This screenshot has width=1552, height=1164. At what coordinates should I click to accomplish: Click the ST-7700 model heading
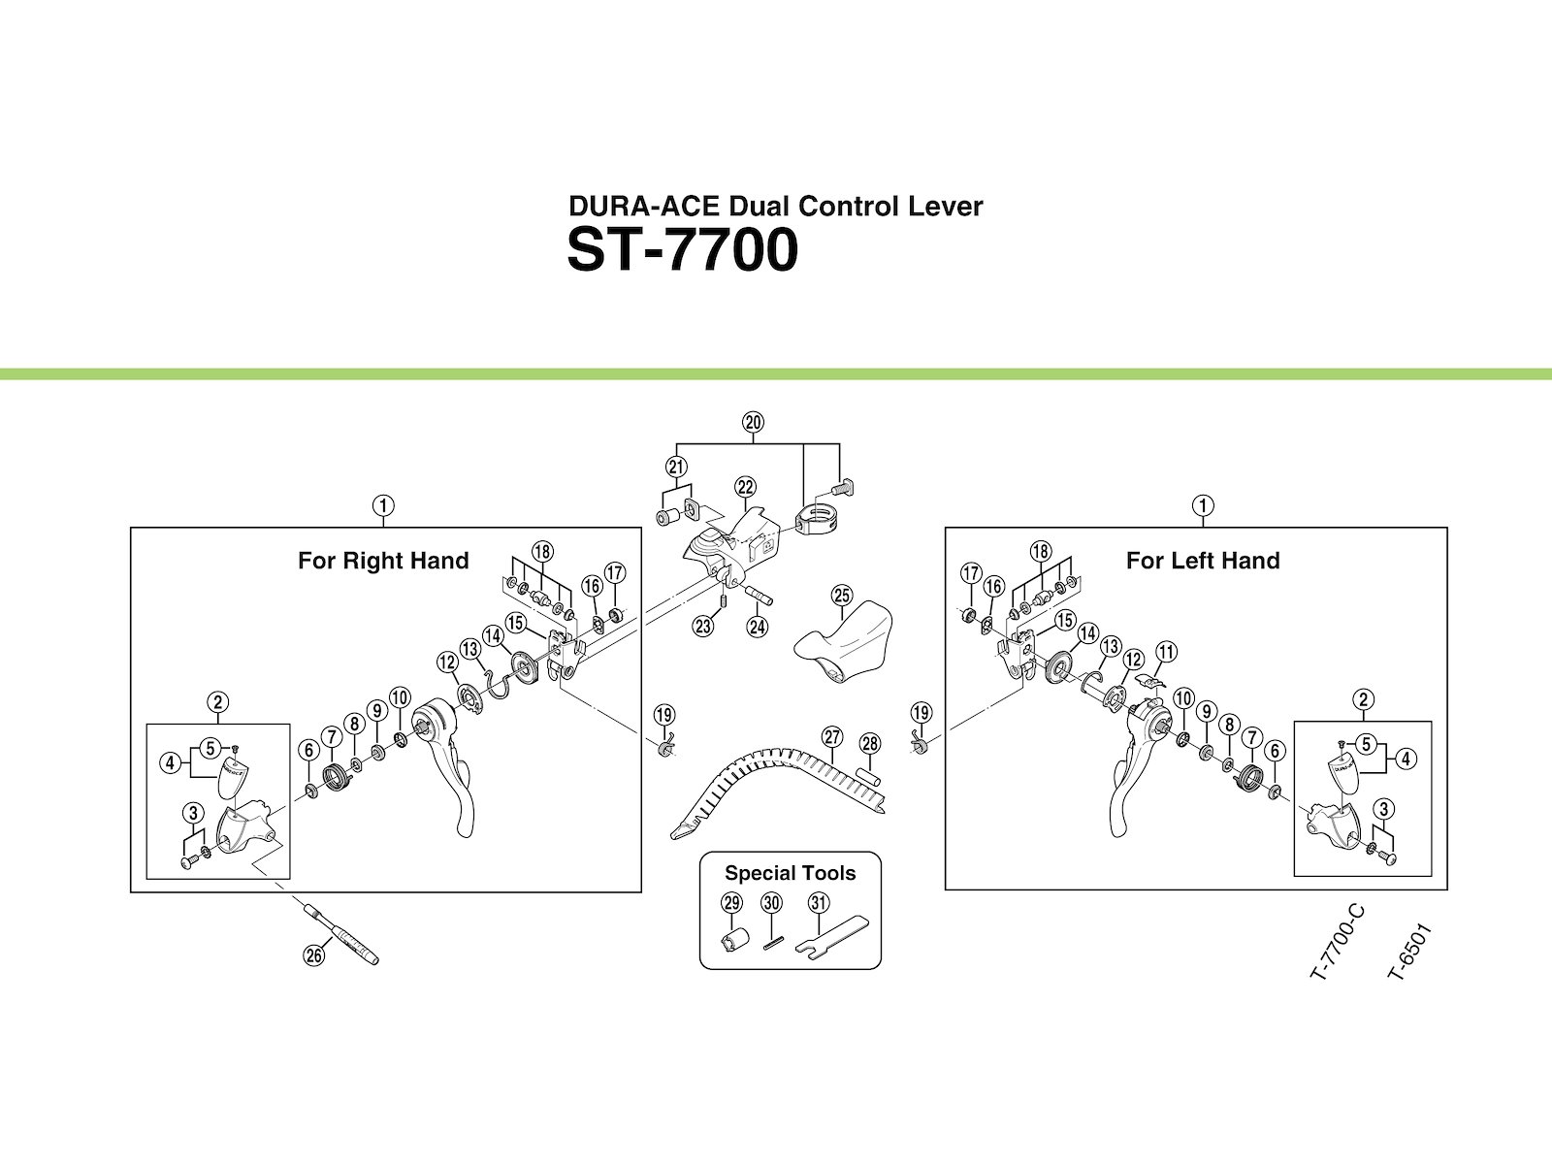pyautogui.click(x=682, y=252)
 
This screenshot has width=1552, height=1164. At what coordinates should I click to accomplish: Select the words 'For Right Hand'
pyautogui.click(x=383, y=561)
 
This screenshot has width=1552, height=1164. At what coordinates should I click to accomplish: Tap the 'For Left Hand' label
pyautogui.click(x=1203, y=561)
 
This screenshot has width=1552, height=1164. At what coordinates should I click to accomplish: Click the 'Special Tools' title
pyautogui.click(x=791, y=873)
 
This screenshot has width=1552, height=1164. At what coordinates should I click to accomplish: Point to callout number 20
pyautogui.click(x=753, y=422)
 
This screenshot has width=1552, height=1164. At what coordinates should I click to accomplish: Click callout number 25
pyautogui.click(x=840, y=594)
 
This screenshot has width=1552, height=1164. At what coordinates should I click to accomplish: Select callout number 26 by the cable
pyautogui.click(x=312, y=954)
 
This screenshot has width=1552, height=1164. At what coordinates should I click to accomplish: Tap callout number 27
pyautogui.click(x=832, y=737)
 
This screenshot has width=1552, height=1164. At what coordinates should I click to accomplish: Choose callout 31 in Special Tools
pyautogui.click(x=819, y=903)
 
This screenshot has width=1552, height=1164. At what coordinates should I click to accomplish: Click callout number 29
pyautogui.click(x=731, y=903)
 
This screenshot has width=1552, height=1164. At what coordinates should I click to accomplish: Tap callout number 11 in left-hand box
pyautogui.click(x=1166, y=652)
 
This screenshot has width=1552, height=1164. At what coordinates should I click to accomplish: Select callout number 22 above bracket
pyautogui.click(x=745, y=487)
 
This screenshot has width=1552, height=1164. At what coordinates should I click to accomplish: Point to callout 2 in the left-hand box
pyautogui.click(x=1364, y=700)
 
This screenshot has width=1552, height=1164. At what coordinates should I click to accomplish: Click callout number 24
pyautogui.click(x=758, y=627)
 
